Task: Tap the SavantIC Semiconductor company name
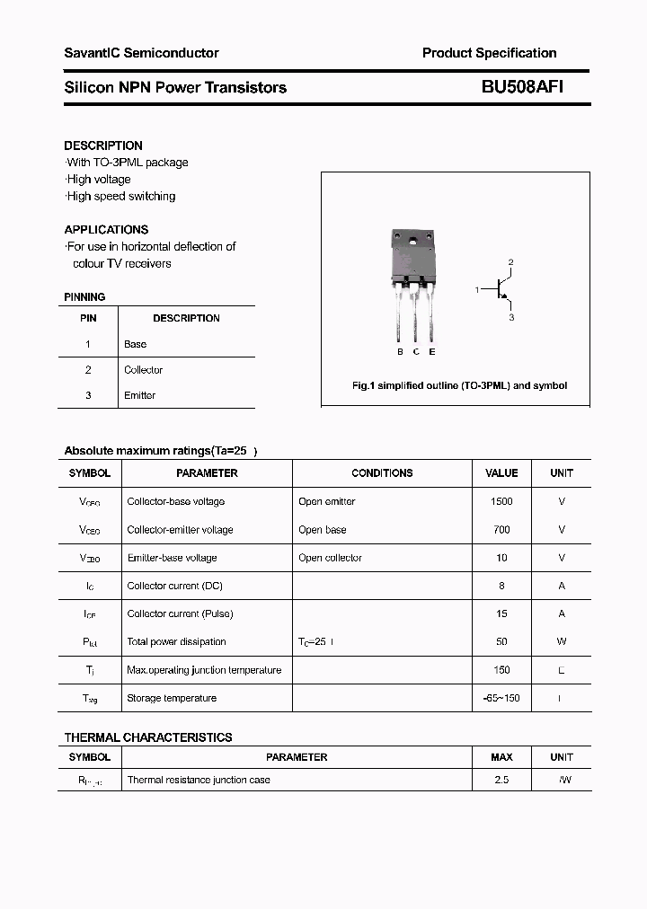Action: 141,53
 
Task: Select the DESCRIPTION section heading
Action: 103,146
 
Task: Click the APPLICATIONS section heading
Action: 106,230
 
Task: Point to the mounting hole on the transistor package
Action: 413,241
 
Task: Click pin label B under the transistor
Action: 400,352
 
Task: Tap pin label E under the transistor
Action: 432,352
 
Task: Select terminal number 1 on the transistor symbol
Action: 477,289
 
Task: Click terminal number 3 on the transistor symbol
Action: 511,317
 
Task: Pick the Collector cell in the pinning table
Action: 144,370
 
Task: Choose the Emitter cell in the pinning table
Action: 140,395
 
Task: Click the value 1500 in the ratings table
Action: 501,501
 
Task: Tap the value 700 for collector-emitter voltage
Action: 501,530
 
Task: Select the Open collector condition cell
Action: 330,558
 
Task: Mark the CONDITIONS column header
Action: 382,473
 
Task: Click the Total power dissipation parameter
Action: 176,642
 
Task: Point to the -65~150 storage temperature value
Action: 501,698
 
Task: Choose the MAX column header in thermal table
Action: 501,757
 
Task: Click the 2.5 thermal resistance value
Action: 501,780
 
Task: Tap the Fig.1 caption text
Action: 458,385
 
